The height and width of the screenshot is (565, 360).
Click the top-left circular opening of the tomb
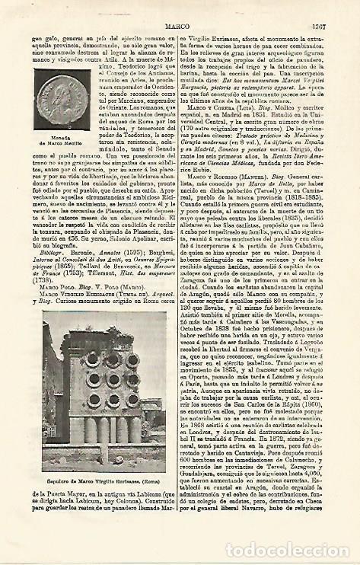coord(91,358)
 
